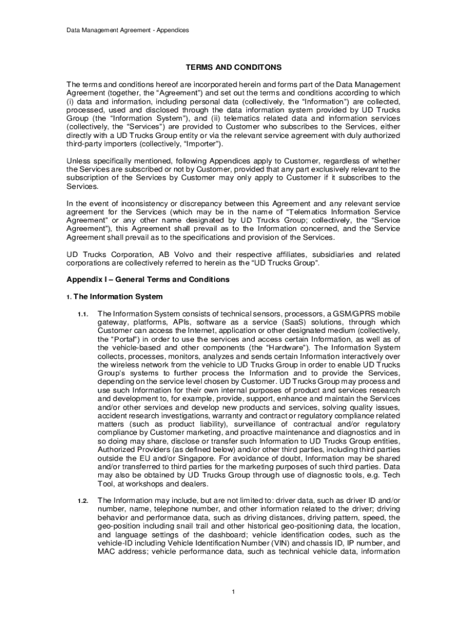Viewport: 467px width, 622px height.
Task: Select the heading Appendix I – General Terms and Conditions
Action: point(148,279)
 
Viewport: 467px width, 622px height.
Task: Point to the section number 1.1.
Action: point(83,314)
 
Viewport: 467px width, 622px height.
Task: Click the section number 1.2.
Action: point(83,501)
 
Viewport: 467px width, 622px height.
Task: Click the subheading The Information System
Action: point(118,297)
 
